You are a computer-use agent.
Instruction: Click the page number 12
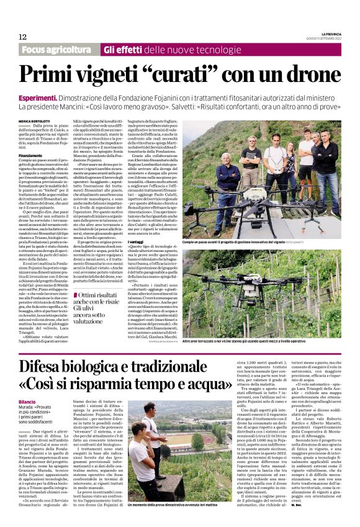click(x=22, y=37)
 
